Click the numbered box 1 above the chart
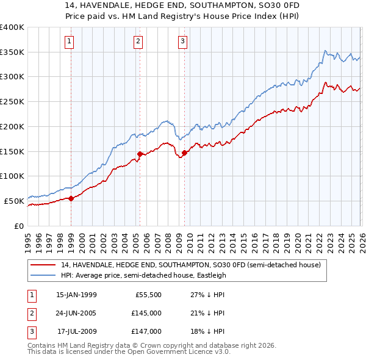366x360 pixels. coord(70,41)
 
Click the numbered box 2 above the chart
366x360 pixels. coord(138,41)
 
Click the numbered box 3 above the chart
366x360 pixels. coord(182,41)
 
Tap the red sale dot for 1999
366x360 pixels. coord(71,198)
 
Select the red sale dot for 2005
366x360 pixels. coord(140,154)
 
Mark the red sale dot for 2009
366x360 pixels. coord(184,153)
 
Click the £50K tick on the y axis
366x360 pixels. coord(13,201)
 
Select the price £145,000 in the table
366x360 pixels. coord(146,313)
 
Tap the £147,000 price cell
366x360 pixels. coord(146,331)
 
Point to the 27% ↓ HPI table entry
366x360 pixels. coord(204,295)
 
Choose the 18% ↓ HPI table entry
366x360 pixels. coord(204,331)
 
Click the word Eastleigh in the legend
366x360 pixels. coord(210,275)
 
